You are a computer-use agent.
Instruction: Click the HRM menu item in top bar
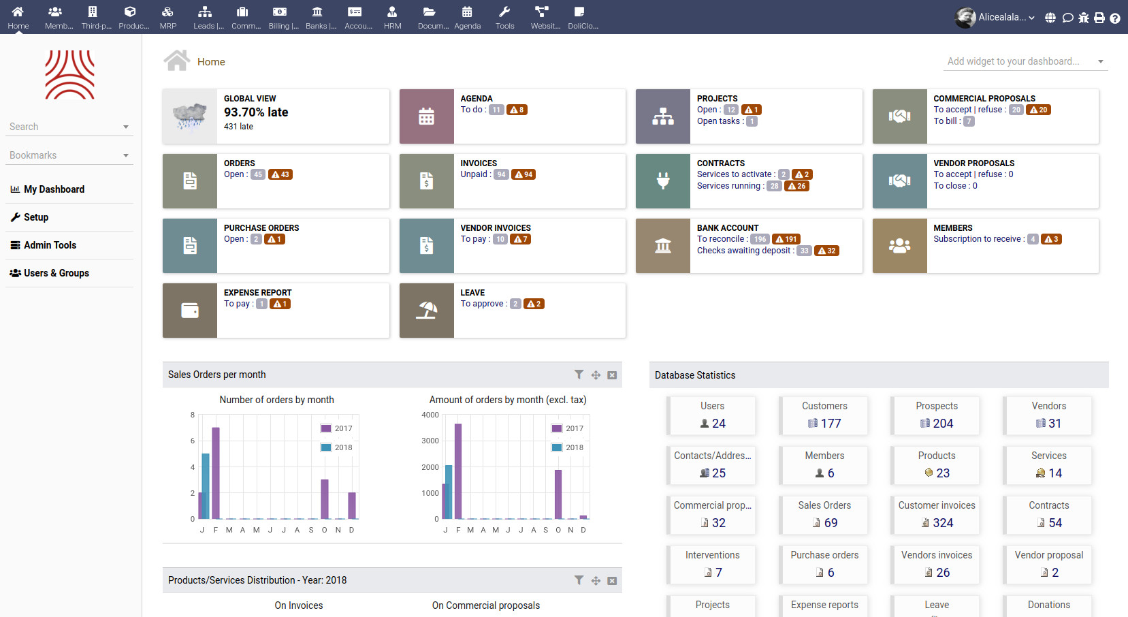tap(392, 18)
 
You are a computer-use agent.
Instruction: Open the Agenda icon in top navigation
tap(467, 18)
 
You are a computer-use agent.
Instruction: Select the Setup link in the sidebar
tap(36, 217)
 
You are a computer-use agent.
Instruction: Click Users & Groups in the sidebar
tap(56, 273)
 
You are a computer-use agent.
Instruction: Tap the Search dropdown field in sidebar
tap(69, 127)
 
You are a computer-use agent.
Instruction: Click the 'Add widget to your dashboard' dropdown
tap(1025, 61)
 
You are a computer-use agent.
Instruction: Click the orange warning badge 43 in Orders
tap(280, 174)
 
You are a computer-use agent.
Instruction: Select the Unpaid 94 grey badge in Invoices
tap(501, 174)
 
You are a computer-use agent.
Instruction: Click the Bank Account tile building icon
tap(662, 246)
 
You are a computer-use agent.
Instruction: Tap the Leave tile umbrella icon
tap(426, 311)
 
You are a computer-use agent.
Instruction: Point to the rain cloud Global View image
tap(189, 116)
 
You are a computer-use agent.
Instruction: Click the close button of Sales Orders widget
tap(612, 375)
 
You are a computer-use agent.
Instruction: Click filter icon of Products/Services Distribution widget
tap(579, 580)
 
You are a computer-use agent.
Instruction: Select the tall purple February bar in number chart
tap(216, 473)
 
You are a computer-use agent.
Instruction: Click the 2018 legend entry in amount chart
tap(567, 447)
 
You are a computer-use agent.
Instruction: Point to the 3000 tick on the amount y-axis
tap(430, 441)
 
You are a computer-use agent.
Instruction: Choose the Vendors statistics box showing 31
tap(1048, 415)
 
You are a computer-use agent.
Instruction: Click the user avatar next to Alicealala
tap(965, 18)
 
